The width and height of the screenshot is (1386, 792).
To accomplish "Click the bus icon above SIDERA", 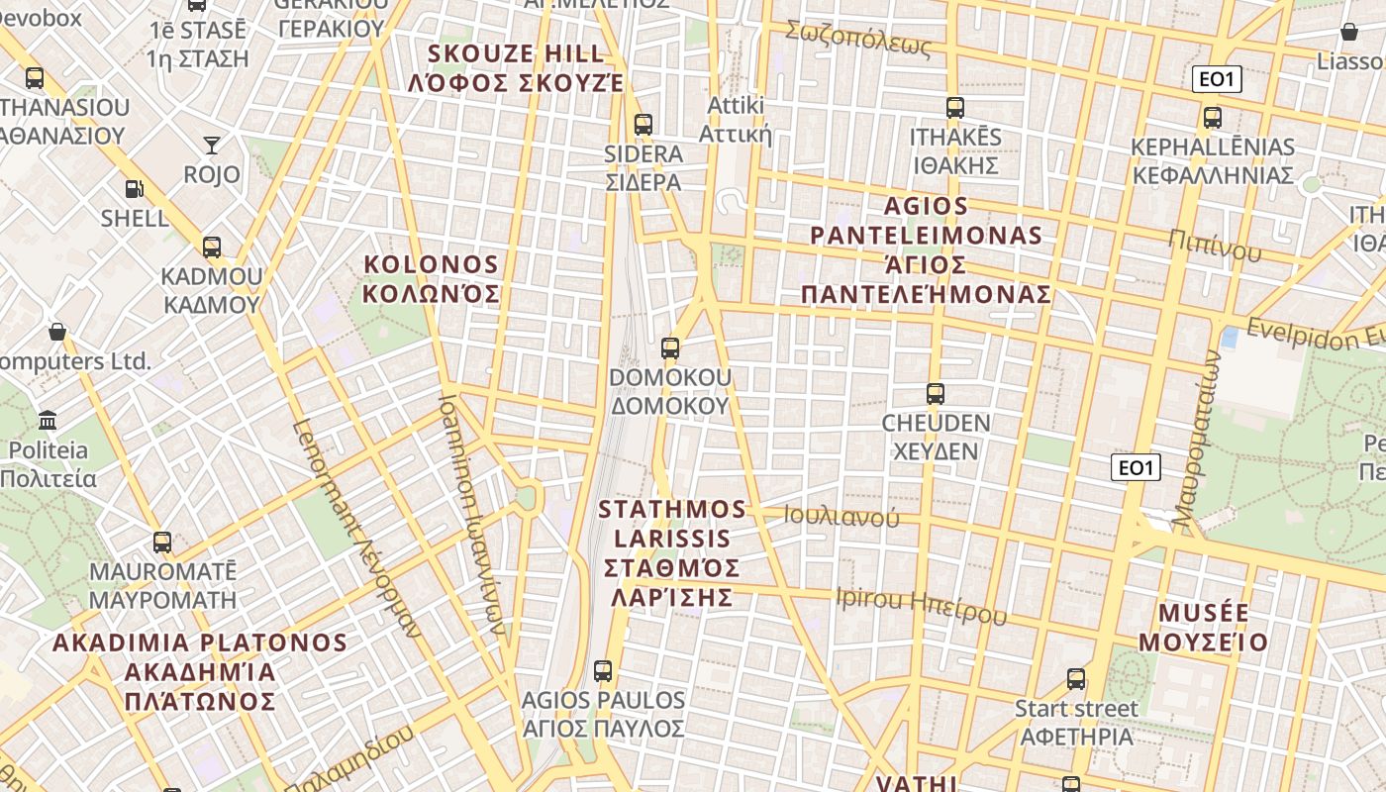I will click(x=643, y=125).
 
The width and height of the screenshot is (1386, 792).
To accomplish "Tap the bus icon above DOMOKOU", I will click(x=670, y=348).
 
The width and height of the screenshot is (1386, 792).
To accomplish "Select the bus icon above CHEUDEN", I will click(x=936, y=394).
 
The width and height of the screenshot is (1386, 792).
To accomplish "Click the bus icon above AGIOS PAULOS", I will click(x=603, y=671).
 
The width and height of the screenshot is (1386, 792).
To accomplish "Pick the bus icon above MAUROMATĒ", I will click(x=162, y=543).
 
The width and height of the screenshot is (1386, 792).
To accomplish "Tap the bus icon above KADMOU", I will click(x=212, y=247).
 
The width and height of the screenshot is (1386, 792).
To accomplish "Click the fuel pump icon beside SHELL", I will click(x=134, y=188).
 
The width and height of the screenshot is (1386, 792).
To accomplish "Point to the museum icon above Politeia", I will click(x=48, y=420).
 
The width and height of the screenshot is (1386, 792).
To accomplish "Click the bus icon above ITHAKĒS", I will click(x=955, y=108).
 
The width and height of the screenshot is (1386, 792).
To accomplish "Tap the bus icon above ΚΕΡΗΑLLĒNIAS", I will click(x=1213, y=118).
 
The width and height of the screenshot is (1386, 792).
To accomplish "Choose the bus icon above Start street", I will click(x=1076, y=679).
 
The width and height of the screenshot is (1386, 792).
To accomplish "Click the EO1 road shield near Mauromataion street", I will click(x=1136, y=467).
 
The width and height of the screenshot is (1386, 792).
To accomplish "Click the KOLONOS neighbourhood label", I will click(x=431, y=279).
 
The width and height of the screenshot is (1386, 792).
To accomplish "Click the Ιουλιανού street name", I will click(x=841, y=516).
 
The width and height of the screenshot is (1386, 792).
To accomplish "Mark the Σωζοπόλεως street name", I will click(x=858, y=38).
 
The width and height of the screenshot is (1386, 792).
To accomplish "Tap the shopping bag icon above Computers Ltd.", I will click(x=57, y=331).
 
